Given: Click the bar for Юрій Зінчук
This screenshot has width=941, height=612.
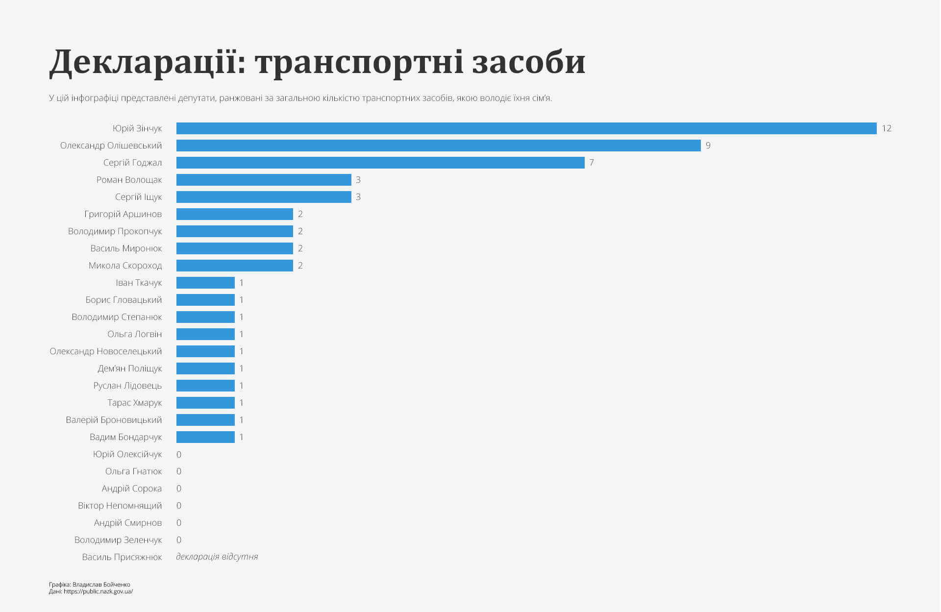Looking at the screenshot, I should [526, 128].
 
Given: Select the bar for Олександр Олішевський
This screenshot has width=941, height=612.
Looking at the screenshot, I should [438, 146].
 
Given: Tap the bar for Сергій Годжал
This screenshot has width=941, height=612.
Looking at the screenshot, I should [380, 163].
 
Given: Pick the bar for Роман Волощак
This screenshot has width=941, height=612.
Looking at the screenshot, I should [264, 180].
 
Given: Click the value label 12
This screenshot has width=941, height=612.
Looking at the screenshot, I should [886, 128].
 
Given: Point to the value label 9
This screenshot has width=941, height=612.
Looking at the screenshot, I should [708, 146].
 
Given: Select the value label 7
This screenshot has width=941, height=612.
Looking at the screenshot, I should [592, 163].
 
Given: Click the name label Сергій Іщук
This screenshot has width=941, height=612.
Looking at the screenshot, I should [138, 197].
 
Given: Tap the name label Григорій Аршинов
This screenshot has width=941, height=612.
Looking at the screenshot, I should [123, 214].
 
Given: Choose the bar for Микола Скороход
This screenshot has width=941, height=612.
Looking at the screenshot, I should [234, 266].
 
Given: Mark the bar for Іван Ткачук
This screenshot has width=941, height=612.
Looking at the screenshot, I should [205, 283].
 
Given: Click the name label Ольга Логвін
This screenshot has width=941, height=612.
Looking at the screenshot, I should [134, 334].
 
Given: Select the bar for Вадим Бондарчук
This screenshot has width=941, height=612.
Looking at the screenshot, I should [205, 437].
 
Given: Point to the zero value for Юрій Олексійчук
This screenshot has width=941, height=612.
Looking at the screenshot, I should [179, 455].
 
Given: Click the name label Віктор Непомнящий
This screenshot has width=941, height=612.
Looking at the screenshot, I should [120, 506].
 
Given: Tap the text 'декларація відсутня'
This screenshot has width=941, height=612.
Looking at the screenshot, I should [217, 557].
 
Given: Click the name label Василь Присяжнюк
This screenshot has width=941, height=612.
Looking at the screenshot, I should [122, 557].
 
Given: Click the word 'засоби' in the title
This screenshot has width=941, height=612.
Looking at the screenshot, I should [529, 63].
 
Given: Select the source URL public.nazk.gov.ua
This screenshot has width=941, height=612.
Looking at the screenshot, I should [98, 591].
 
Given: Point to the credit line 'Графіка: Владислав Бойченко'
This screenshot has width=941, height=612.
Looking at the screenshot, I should [90, 585].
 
